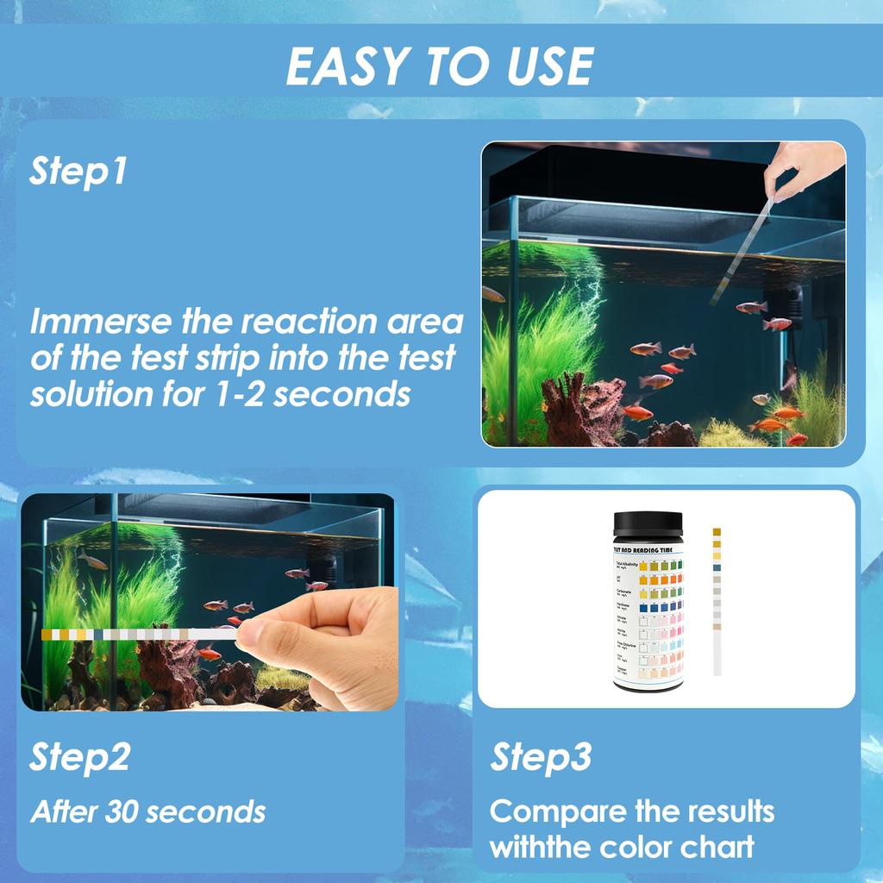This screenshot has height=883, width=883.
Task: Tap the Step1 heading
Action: pos(78,171)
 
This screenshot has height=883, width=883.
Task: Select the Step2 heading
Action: pos(80,756)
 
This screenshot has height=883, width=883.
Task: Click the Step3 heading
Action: pos(542,756)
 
